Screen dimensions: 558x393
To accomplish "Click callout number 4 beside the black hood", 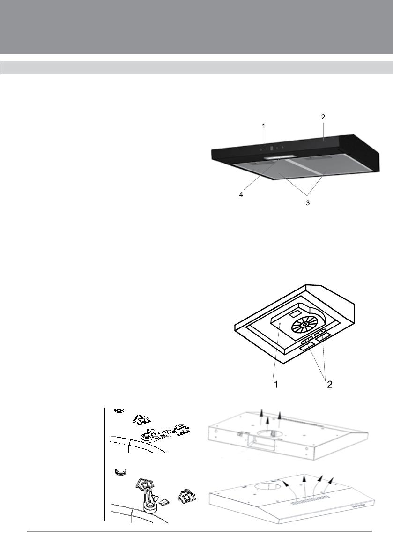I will coord(241,194).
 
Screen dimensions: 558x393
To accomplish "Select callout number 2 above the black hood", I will coord(323,117).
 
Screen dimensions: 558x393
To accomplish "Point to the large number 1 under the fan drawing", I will coord(276,385).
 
